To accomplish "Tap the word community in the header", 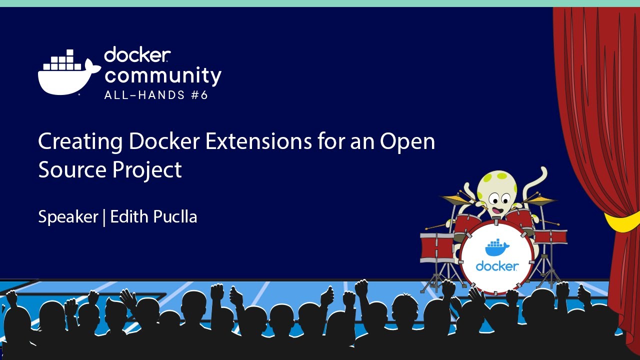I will [x=162, y=76].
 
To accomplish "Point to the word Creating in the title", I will [x=80, y=142].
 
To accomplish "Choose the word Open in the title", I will [x=407, y=142].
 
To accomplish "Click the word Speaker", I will [x=68, y=217].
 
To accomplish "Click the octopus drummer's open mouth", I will [x=495, y=210].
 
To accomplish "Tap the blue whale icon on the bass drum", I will [x=496, y=247].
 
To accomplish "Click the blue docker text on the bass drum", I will [x=496, y=266].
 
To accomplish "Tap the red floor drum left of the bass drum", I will [x=436, y=247].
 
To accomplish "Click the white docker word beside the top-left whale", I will [x=137, y=55].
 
